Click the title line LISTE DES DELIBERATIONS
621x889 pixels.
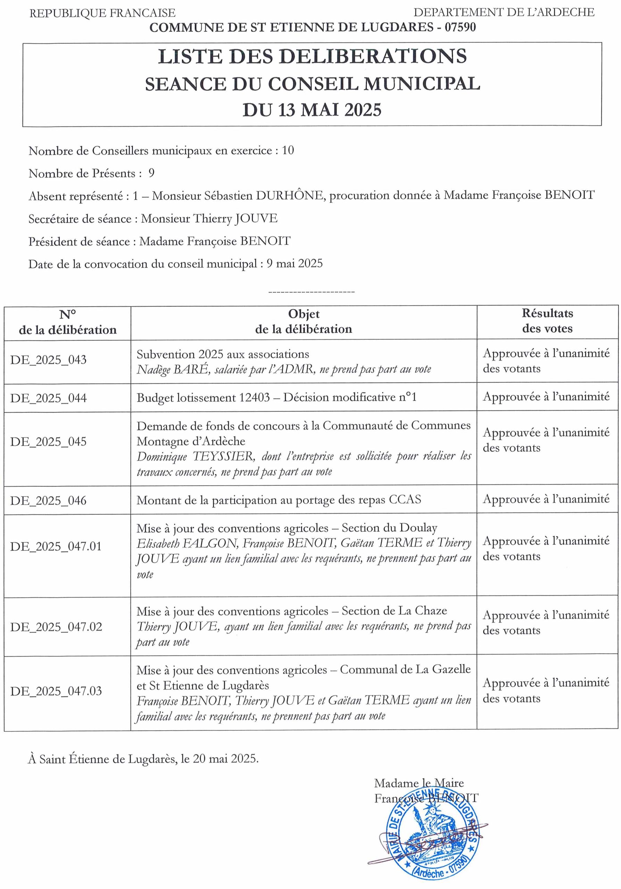[312, 57]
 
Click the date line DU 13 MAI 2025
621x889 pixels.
[312, 110]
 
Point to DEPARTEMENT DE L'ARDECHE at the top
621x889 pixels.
[504, 13]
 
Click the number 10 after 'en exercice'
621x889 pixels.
[288, 150]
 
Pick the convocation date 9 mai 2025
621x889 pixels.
[294, 264]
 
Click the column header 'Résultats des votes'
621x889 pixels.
[547, 321]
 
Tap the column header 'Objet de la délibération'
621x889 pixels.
[304, 321]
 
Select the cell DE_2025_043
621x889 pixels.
[48, 360]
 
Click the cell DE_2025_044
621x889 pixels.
[48, 398]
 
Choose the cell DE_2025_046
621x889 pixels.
[48, 500]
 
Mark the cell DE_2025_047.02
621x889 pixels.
[56, 626]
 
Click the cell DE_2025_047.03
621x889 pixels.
[56, 691]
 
